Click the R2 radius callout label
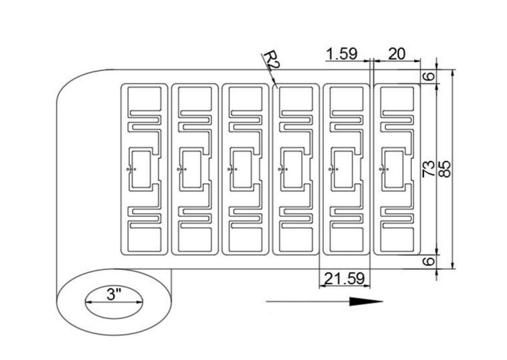[x=271, y=60]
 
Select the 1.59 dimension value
[x=342, y=54]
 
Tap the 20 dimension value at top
[x=397, y=54]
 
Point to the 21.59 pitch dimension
[x=344, y=278]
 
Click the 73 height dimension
[x=429, y=169]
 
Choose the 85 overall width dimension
[x=446, y=169]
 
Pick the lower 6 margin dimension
[x=430, y=260]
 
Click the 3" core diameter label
[x=114, y=294]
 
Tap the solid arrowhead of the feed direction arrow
[x=366, y=302]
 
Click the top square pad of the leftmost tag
[x=144, y=98]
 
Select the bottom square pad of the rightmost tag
[x=397, y=240]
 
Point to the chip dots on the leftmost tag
[x=131, y=169]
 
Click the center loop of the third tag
[x=242, y=169]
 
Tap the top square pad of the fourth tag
[x=296, y=98]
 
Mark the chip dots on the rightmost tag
[x=384, y=169]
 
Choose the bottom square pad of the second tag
[x=195, y=240]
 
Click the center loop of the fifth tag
[x=343, y=169]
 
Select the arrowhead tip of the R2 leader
[x=276, y=84]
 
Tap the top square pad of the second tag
[x=195, y=98]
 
